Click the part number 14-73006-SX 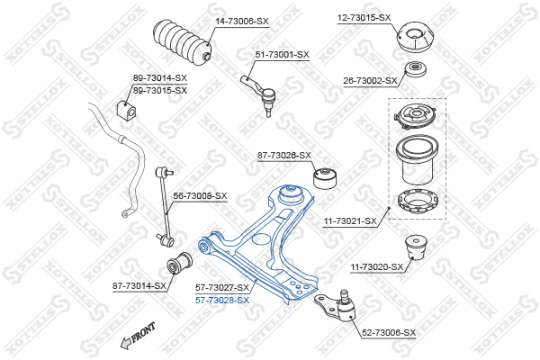(x=242, y=22)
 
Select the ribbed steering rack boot (x=183, y=42)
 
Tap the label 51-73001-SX (x=282, y=54)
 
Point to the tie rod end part (x=259, y=94)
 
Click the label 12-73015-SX (x=364, y=18)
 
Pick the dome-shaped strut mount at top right (x=415, y=38)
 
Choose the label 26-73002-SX (x=370, y=81)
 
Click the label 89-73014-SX (x=160, y=78)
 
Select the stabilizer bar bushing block (x=126, y=110)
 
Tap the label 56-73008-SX (x=200, y=196)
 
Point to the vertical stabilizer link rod (x=165, y=206)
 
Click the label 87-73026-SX (x=284, y=156)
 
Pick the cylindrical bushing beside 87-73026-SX (x=326, y=178)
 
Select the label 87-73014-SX (x=139, y=285)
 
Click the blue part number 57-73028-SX (x=222, y=301)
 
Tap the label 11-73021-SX (x=350, y=221)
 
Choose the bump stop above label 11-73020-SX (x=416, y=247)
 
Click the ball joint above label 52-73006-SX (x=337, y=306)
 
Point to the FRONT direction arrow (x=137, y=336)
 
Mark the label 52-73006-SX (x=389, y=333)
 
